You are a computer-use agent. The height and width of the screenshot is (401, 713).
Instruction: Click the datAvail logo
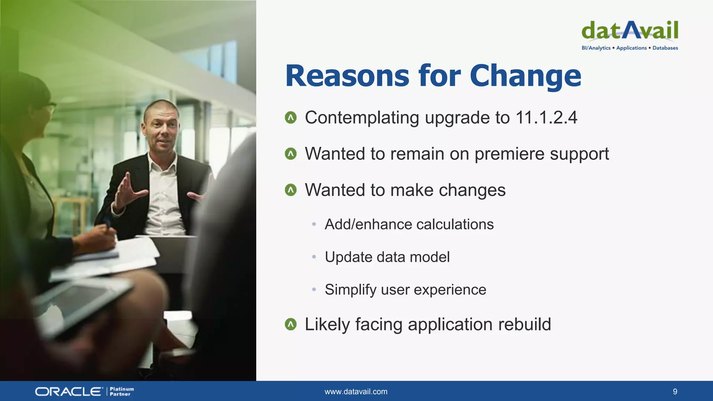tap(630, 31)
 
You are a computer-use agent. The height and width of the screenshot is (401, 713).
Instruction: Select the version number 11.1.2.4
tap(546, 118)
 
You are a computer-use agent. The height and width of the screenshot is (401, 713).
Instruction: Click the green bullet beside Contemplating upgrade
tap(291, 118)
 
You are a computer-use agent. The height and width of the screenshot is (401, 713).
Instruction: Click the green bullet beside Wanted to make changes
tap(291, 190)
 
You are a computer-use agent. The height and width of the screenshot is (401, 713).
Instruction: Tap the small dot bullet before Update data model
tap(314, 257)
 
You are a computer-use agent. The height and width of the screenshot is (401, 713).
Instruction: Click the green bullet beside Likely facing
tap(291, 324)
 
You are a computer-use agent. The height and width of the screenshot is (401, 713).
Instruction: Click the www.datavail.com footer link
tap(356, 392)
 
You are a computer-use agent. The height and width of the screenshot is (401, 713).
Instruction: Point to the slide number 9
tap(675, 392)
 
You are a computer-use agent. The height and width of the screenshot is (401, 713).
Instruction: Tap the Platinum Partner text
tap(122, 392)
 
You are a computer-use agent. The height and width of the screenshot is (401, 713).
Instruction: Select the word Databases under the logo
tap(665, 48)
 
